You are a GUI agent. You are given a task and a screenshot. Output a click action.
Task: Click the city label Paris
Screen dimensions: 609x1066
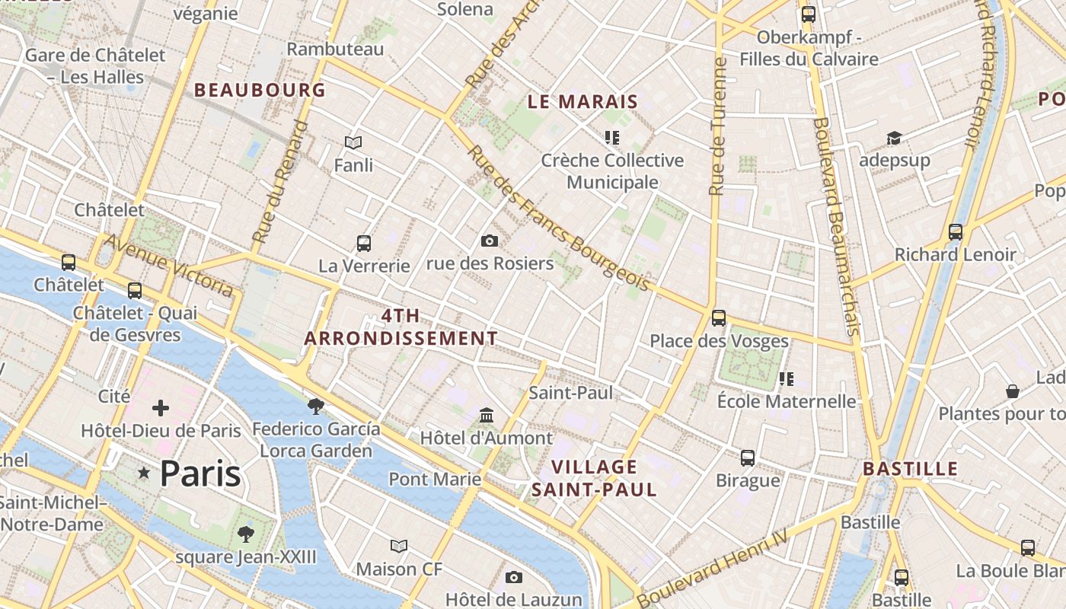(x=200, y=473)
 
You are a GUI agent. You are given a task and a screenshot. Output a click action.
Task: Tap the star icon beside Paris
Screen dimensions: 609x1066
(x=144, y=473)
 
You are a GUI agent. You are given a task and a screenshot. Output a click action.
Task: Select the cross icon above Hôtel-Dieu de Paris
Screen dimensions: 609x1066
(x=161, y=408)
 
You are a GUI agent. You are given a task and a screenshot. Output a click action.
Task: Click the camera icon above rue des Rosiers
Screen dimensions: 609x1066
(x=490, y=241)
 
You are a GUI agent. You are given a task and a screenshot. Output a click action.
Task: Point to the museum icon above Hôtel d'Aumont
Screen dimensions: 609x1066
(x=487, y=416)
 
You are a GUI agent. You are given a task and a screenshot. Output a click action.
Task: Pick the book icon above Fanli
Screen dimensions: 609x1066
(x=353, y=142)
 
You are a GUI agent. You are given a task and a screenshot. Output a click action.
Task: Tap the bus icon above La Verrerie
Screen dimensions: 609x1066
(x=364, y=244)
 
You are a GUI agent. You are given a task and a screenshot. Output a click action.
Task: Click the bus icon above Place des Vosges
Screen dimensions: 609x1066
(x=719, y=318)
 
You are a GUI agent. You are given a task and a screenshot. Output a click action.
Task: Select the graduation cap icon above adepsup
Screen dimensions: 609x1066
(x=894, y=138)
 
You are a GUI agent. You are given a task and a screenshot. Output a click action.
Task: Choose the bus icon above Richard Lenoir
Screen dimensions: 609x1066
(x=955, y=232)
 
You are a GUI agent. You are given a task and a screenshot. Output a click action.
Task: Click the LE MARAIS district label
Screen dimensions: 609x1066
(x=582, y=101)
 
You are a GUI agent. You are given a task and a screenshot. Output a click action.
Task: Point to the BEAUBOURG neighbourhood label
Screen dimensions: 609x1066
(x=260, y=90)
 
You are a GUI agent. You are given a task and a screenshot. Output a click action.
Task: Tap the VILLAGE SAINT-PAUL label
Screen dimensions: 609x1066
(x=594, y=478)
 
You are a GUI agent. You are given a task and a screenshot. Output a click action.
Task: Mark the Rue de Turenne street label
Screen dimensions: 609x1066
(x=717, y=126)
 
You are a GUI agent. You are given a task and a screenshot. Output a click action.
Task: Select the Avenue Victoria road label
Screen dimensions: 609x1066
(x=169, y=265)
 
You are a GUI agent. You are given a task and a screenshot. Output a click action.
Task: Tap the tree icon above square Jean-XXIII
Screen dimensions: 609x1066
(x=245, y=534)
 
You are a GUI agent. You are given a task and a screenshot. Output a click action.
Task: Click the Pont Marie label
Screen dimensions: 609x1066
(x=435, y=479)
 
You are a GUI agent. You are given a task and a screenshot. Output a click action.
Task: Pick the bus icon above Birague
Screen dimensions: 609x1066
(x=748, y=458)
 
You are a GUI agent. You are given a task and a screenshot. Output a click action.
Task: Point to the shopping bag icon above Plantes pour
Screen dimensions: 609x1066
(x=1013, y=391)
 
